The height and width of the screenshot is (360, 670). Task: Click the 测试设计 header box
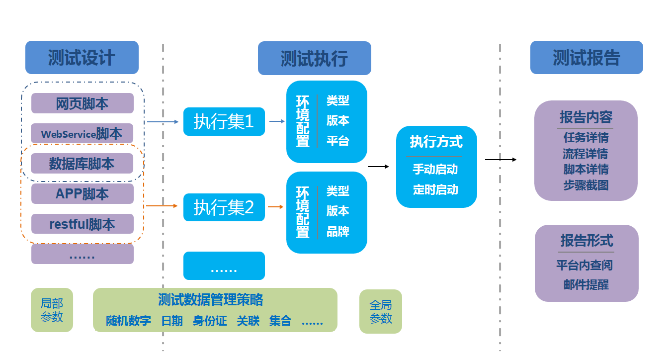(82, 58)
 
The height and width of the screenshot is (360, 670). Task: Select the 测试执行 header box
(314, 58)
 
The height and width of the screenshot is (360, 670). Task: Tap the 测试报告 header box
(586, 58)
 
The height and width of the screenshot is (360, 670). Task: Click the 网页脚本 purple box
(83, 103)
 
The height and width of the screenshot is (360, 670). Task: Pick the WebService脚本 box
(83, 134)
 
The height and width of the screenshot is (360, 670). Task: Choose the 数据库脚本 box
(83, 164)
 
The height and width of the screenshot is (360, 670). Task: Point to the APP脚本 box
(83, 194)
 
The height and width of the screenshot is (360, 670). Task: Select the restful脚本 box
(83, 224)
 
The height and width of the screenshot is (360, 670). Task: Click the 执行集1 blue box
(224, 121)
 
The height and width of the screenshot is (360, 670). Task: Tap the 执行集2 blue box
(224, 207)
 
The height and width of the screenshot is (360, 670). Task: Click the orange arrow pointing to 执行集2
(162, 206)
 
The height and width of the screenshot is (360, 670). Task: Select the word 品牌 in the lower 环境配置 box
(338, 231)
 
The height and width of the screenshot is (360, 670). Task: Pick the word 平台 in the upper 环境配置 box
(338, 141)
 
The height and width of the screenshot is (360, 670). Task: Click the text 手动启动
(435, 170)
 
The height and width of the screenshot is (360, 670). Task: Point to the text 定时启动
(435, 190)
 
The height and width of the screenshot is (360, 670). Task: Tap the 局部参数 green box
(52, 310)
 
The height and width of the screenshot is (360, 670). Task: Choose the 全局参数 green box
(381, 311)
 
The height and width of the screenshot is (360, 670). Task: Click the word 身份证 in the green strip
(210, 321)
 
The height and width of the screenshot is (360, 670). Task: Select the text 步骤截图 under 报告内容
(586, 185)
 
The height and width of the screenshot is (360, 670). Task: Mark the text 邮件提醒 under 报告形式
(586, 285)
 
